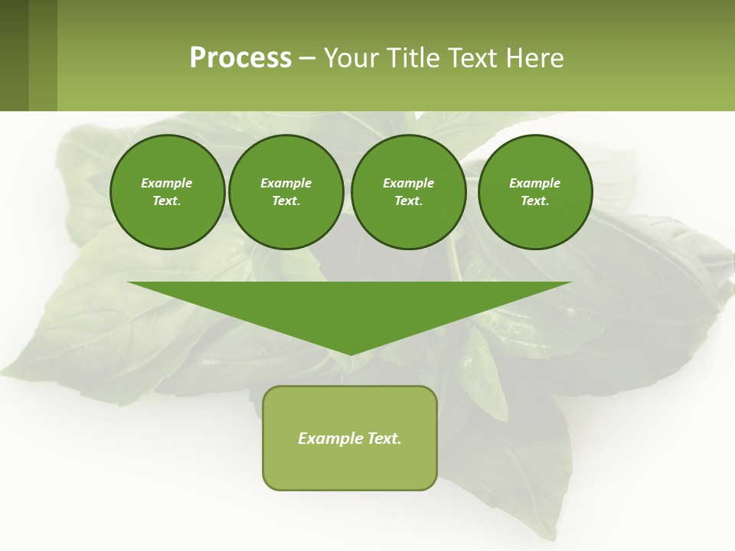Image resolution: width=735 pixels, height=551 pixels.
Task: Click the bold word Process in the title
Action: (240, 58)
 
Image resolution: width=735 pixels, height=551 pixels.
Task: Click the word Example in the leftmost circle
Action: (167, 183)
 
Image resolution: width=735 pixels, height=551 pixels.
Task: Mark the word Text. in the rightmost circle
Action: (534, 201)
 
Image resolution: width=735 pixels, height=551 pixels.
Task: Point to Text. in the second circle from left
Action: (286, 201)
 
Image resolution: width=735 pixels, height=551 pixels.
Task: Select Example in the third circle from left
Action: (408, 183)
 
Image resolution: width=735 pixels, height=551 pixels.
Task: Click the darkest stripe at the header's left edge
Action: (14, 55)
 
